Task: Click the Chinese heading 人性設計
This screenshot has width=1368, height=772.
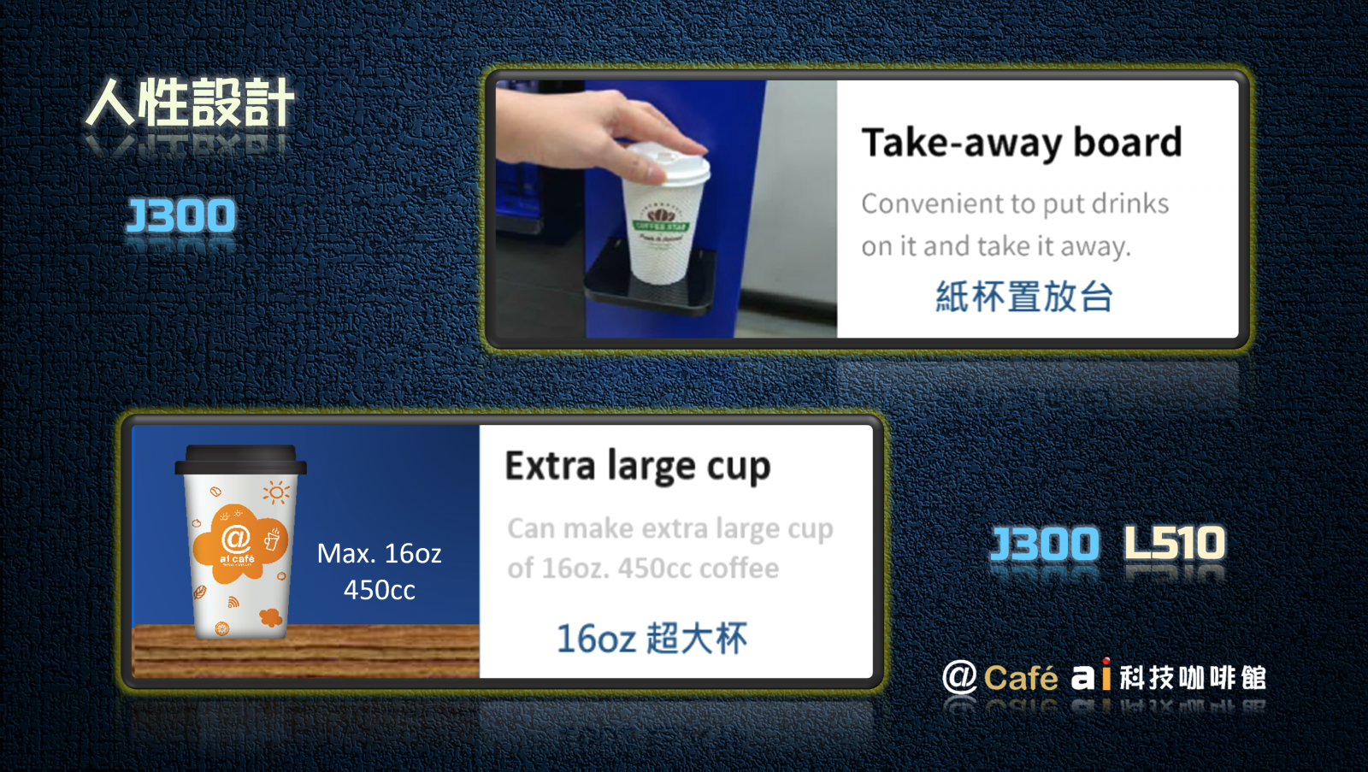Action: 190,103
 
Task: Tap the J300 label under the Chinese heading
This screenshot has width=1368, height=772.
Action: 180,215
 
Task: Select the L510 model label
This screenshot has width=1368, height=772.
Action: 1175,542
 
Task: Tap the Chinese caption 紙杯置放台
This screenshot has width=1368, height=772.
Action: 1024,297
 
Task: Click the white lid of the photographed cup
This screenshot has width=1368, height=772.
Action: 669,162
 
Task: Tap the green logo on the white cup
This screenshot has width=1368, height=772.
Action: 661,221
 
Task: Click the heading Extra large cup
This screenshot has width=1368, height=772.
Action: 638,468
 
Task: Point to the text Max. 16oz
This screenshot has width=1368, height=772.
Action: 380,553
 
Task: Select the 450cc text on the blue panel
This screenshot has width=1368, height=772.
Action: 380,590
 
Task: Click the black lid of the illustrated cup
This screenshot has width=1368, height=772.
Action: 240,459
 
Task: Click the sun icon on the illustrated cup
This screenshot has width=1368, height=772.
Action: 276,492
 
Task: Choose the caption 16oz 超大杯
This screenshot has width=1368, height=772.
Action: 652,639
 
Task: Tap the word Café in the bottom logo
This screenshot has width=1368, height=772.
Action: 1021,677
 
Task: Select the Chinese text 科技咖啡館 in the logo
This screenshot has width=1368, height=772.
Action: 1193,678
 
